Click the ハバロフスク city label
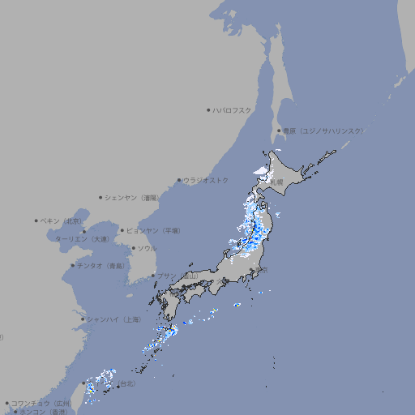[x=233, y=109]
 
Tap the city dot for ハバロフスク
[x=208, y=109]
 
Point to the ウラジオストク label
[x=207, y=180]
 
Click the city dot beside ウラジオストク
[x=179, y=180]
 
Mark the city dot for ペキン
[x=36, y=220]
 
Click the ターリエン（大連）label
[x=83, y=239]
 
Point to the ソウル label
[x=147, y=248]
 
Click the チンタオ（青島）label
[x=101, y=266]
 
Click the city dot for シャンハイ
[x=82, y=319]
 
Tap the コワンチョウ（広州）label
[x=41, y=403]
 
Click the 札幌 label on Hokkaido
[x=277, y=182]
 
